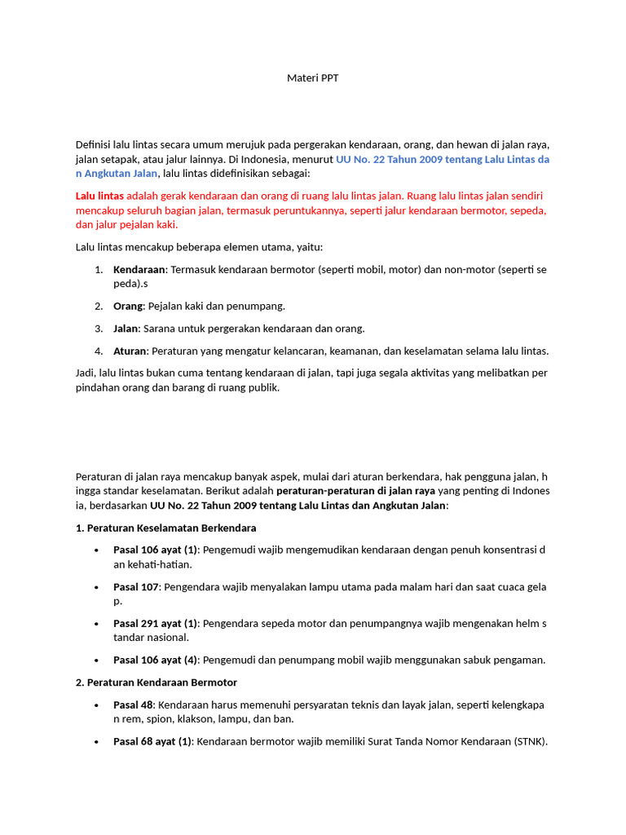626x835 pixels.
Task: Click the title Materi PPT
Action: coord(312,78)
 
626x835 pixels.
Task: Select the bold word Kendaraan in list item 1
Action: coord(139,269)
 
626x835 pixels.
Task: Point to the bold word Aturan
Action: coord(130,351)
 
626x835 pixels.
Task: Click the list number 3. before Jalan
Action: coord(98,329)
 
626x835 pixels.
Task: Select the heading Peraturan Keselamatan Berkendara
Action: coord(171,528)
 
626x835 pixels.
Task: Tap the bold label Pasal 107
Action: coord(135,586)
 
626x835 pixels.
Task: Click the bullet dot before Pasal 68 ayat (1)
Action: coord(98,742)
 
